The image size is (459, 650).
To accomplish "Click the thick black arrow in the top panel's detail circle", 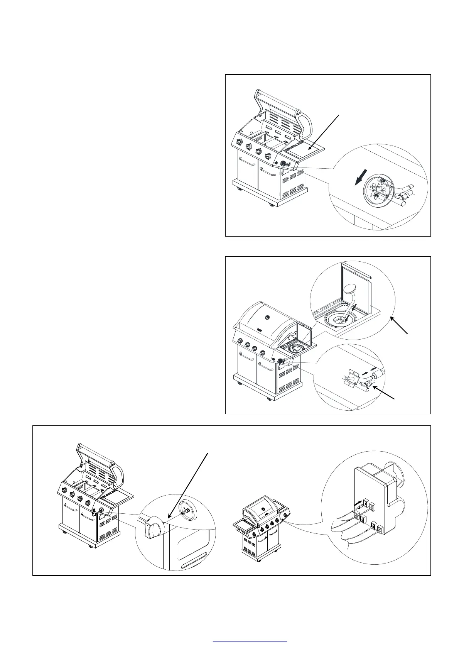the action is click(359, 178).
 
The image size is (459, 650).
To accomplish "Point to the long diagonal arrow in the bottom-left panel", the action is click(189, 486).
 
